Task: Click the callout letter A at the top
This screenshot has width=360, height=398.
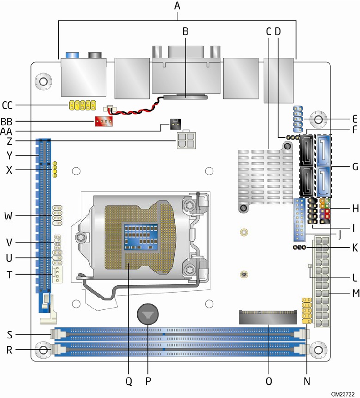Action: tap(177, 6)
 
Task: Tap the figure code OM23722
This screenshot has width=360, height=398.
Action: tap(343, 393)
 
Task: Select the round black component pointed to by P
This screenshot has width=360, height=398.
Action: tap(148, 317)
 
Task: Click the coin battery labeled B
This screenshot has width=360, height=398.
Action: tap(185, 97)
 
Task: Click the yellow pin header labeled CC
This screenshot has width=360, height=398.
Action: tap(82, 105)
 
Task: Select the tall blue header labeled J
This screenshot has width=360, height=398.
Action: tap(299, 220)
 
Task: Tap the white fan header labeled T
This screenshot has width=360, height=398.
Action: tap(57, 274)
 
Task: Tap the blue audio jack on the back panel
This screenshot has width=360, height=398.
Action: tap(71, 55)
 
